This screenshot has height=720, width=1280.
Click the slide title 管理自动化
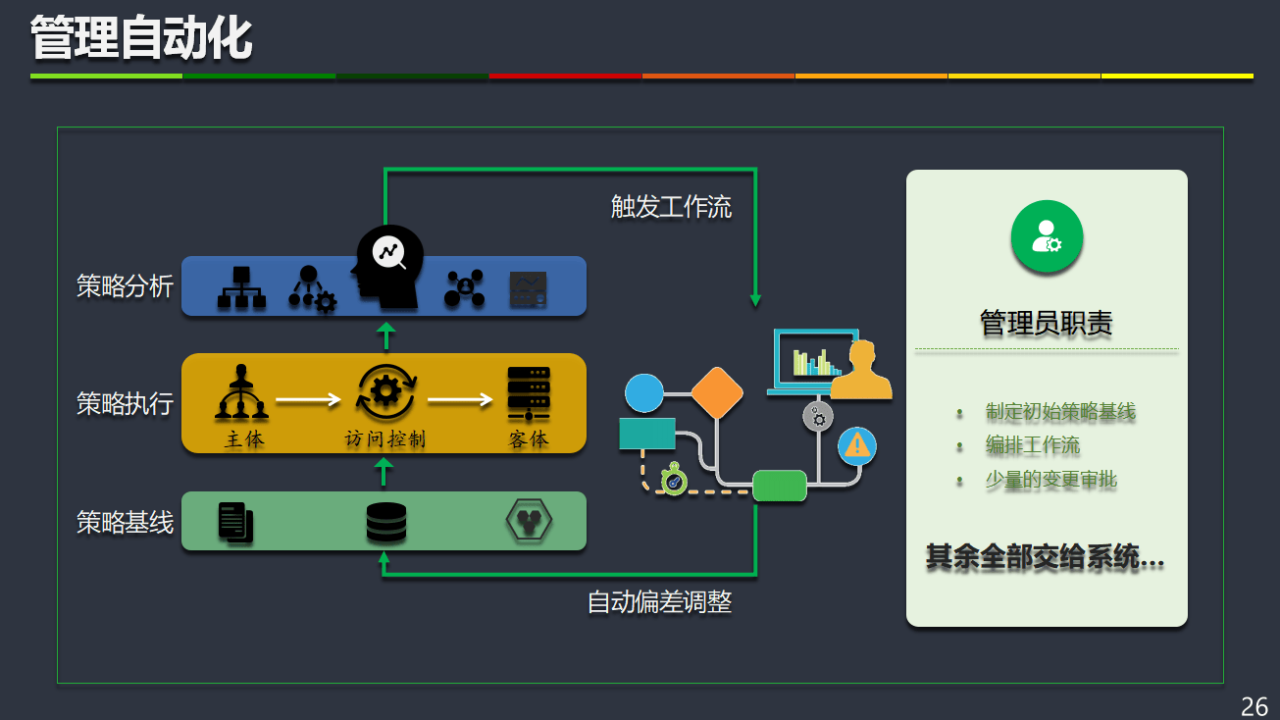coord(141,39)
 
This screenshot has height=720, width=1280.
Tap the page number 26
coord(1254,706)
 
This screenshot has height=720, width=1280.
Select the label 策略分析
coord(125,285)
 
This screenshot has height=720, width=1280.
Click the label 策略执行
coord(125,403)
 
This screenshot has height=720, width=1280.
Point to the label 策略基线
coord(125,522)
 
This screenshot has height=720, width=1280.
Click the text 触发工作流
coord(671,207)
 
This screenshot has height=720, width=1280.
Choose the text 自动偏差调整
coord(659,601)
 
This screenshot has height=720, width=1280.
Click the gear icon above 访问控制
coord(384,391)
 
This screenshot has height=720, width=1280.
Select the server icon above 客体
coord(528,392)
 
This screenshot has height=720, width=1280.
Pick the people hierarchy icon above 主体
coord(241,392)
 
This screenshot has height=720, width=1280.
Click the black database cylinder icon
coord(385,523)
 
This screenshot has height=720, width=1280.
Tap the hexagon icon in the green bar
coord(529,521)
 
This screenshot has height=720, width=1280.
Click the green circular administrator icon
coord(1047,236)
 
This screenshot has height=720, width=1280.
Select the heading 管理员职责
coord(1046,323)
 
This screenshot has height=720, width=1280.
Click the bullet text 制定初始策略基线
coord(1060,412)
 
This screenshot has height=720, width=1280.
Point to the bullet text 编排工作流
coord(1032,445)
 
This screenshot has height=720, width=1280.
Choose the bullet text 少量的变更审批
coord(1050,480)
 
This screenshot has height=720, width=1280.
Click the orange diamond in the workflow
coord(717,392)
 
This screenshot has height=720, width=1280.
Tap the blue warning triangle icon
coord(857,446)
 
